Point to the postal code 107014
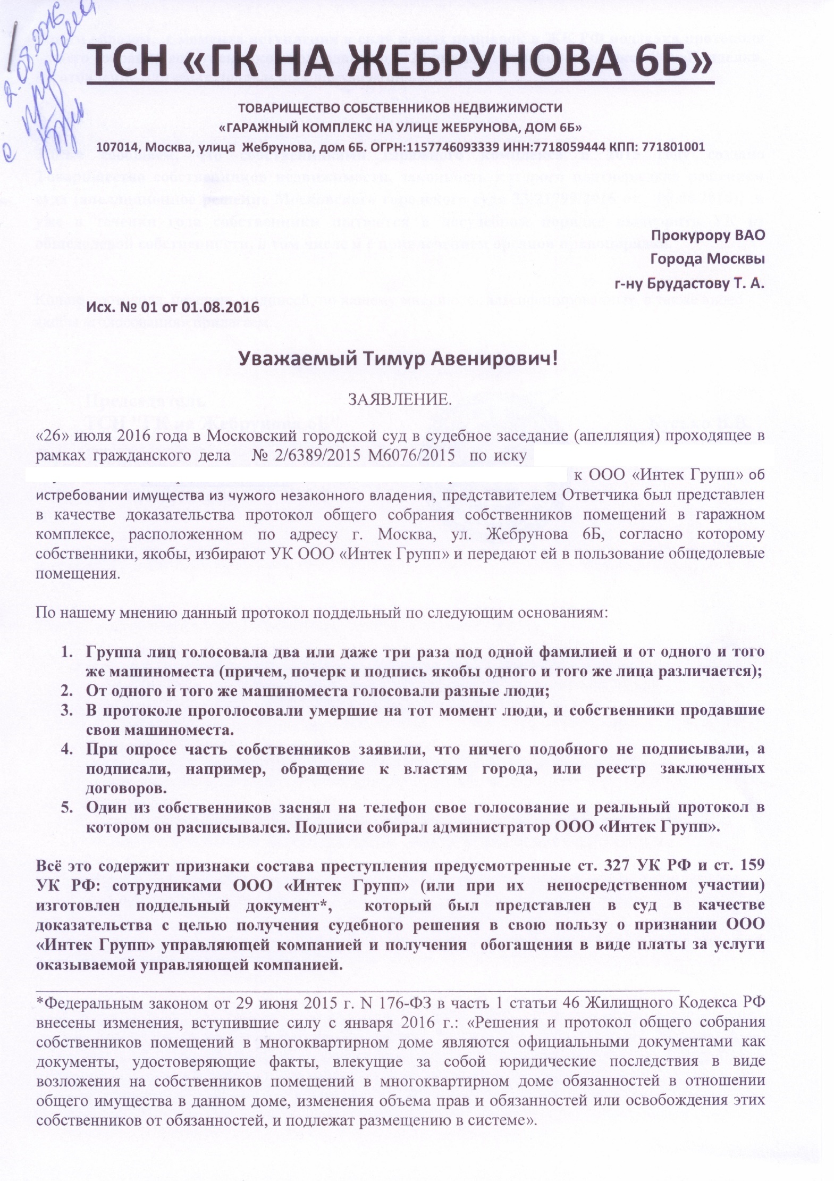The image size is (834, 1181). tap(121, 147)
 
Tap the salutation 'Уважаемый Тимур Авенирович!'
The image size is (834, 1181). tap(398, 360)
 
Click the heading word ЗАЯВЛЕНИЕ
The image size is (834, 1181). tap(399, 400)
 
